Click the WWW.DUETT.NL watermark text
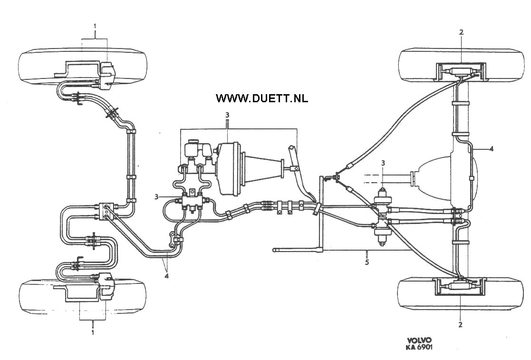coord(262,98)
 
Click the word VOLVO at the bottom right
coord(419,340)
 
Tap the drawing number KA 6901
coord(419,347)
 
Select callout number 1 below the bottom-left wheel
coord(93,332)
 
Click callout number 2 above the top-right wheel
coord(461,32)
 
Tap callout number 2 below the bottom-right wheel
coord(460,325)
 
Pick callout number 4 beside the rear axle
coord(491,148)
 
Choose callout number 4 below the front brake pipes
coord(167,274)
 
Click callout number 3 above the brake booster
coord(228,115)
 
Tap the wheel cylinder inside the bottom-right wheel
coord(460,287)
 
